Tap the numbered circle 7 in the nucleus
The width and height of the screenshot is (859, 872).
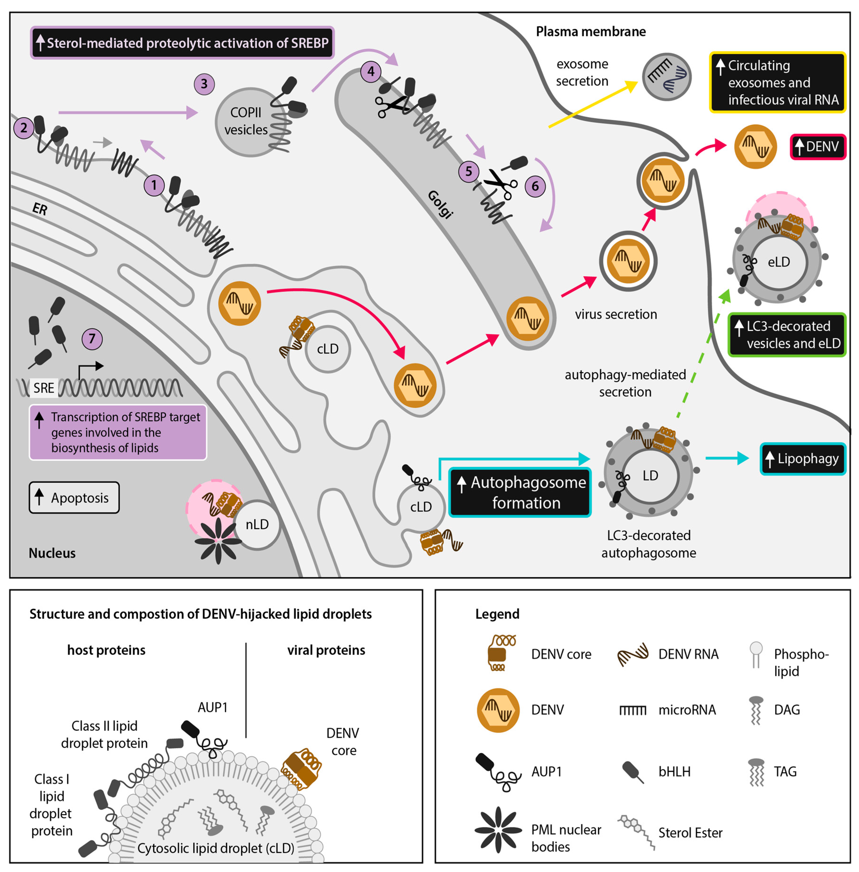pos(92,339)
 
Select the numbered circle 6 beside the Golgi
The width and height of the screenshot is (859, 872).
pos(535,186)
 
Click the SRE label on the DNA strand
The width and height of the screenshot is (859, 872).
pos(44,388)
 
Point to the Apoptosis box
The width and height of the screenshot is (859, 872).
pos(74,497)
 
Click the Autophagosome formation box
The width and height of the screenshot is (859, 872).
pos(520,492)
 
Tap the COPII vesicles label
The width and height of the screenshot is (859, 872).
pos(246,121)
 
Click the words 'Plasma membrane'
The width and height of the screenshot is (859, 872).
pos(591,32)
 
